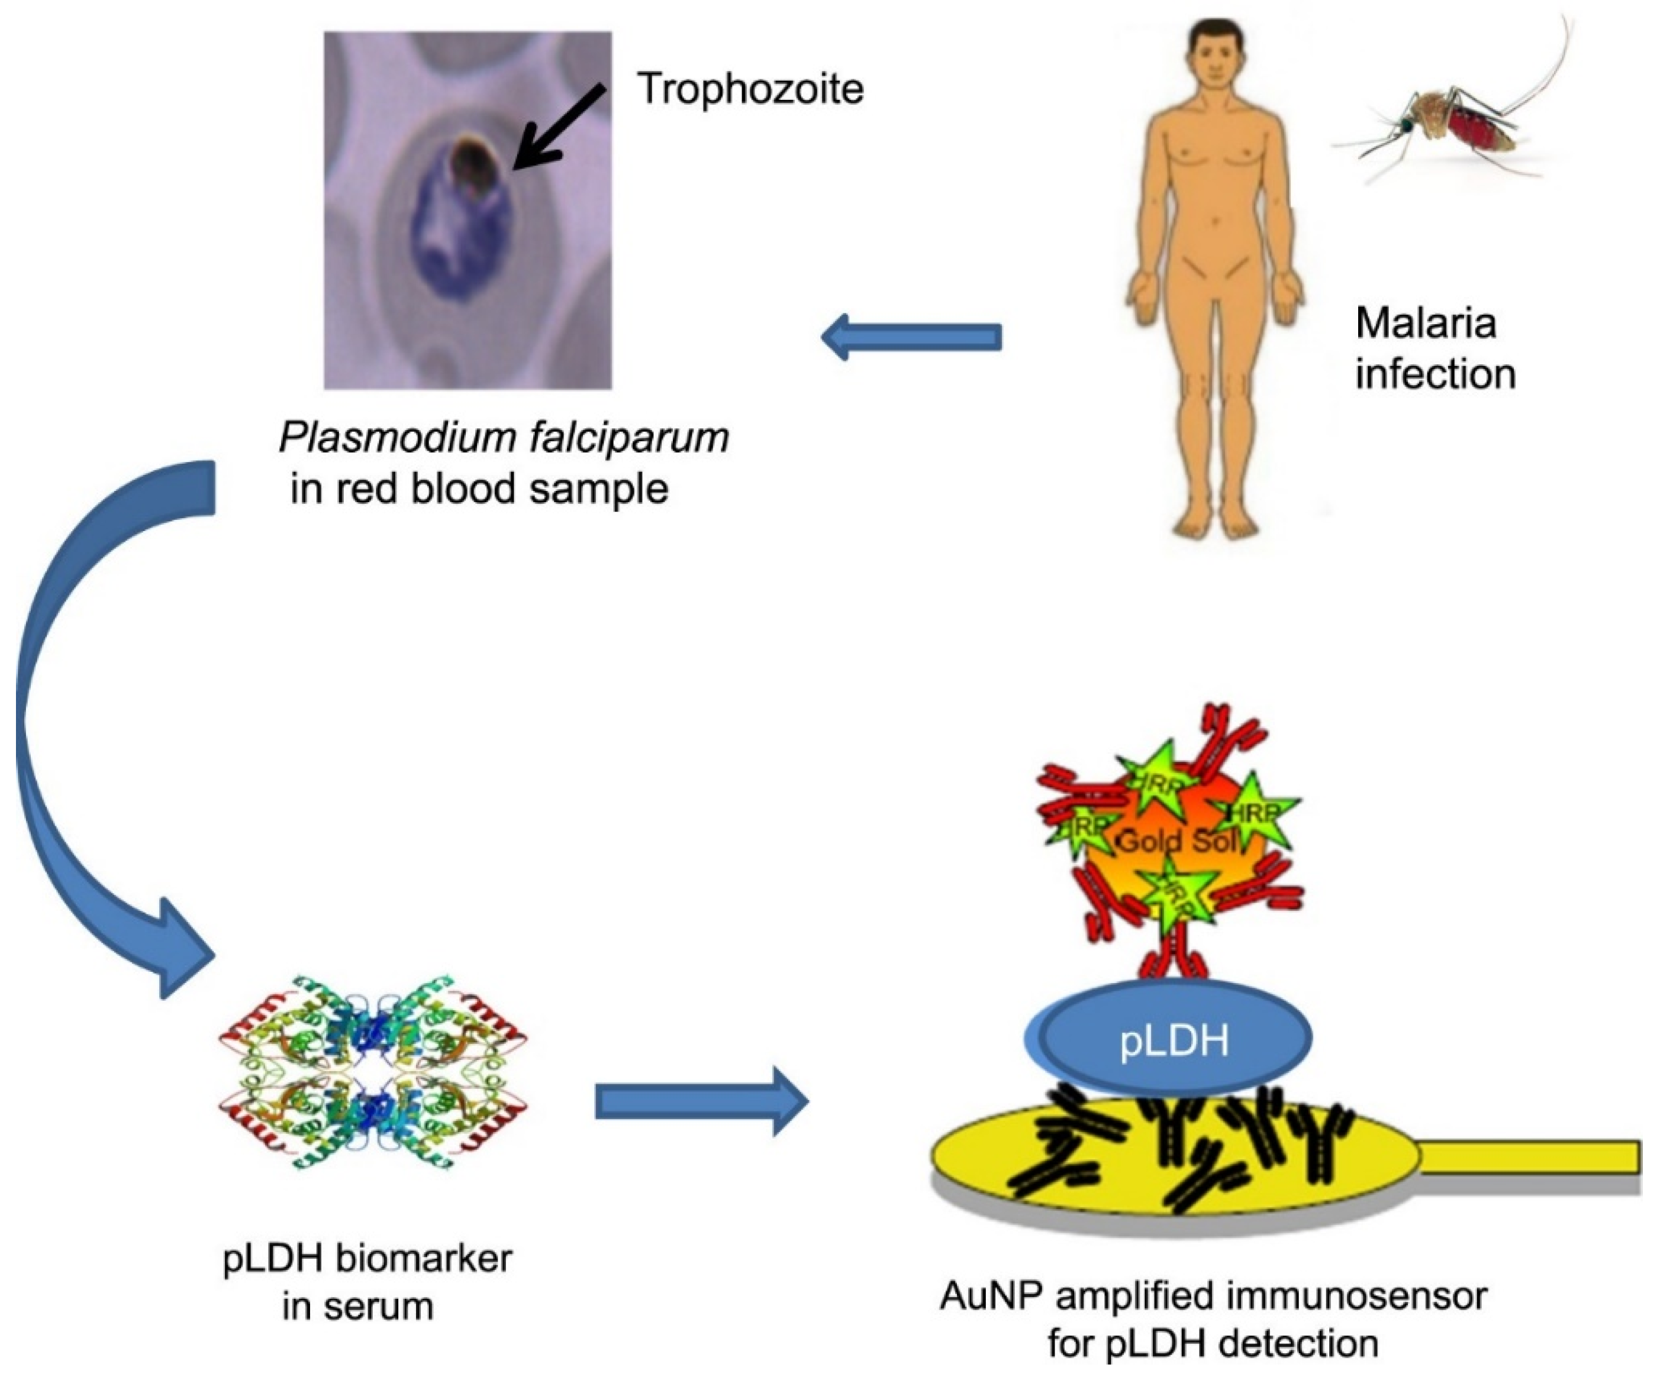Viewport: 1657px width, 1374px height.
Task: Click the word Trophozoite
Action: click(x=750, y=88)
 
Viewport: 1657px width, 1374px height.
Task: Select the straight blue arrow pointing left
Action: click(x=911, y=337)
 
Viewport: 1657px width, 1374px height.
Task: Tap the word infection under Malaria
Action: click(x=1435, y=374)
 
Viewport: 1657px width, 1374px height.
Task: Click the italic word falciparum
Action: click(x=629, y=437)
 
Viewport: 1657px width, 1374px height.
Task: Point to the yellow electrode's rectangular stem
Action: click(x=1531, y=1157)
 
